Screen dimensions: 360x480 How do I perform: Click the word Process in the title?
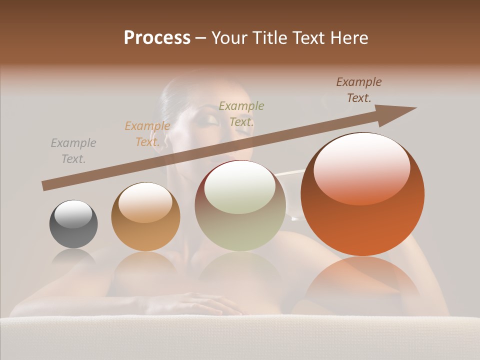(x=157, y=38)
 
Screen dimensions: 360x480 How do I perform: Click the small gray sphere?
(x=73, y=224)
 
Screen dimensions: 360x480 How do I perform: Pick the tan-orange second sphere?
(x=145, y=217)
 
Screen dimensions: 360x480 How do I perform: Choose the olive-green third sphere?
(x=240, y=205)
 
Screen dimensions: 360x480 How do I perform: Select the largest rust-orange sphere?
(x=362, y=194)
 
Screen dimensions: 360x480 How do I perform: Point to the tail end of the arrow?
(x=45, y=186)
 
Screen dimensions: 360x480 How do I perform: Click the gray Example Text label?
(x=73, y=151)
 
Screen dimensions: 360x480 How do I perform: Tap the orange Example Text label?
(x=147, y=134)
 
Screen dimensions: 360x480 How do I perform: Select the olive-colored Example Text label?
(x=241, y=113)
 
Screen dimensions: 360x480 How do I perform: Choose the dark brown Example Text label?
(x=358, y=90)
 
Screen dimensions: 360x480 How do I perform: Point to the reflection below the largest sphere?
(x=362, y=280)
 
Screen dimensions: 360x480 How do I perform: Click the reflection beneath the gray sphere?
(x=73, y=258)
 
